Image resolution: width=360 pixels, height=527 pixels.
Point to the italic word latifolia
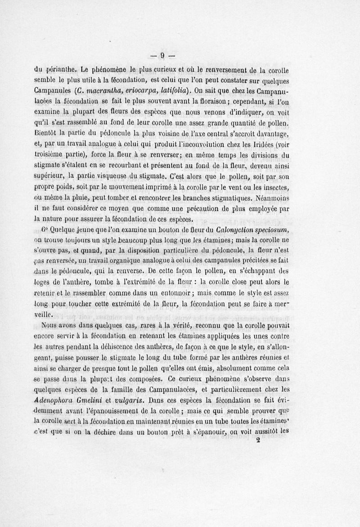click(181, 89)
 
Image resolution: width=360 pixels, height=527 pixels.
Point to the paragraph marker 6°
click(48, 230)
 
